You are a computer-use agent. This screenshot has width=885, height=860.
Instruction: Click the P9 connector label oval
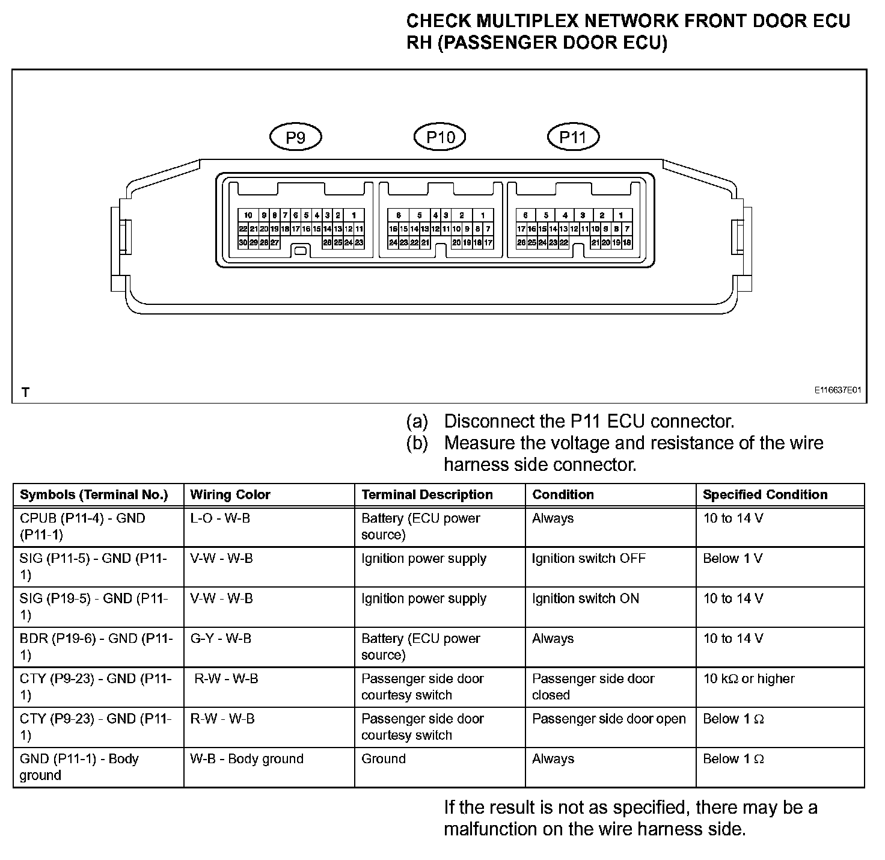coord(295,138)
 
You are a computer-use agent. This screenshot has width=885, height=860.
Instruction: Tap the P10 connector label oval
coord(440,137)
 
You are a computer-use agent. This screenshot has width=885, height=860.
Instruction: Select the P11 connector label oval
coord(573,137)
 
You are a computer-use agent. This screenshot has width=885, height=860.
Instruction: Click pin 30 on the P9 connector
coord(243,242)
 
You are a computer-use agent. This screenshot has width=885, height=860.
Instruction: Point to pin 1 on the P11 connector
coord(620,215)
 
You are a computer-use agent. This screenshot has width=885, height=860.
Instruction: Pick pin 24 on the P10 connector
coord(393,242)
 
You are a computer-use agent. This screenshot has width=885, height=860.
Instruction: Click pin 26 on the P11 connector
coord(521,242)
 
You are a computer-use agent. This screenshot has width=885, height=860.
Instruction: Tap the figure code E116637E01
coord(838,390)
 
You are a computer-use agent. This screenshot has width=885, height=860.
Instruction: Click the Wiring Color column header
coord(230,495)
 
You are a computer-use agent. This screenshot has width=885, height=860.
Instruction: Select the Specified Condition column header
coord(765,495)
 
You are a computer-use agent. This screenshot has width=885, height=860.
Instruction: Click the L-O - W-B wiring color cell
coord(220,518)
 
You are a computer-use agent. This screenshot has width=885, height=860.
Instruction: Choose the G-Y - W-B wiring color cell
coord(221,639)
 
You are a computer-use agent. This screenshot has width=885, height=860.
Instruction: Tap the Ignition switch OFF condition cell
coord(589,559)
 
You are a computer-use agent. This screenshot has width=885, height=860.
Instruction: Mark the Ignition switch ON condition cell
coord(586,599)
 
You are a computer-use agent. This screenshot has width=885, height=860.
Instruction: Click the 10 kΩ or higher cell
coord(749,679)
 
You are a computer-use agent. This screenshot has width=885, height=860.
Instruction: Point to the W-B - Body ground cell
coord(247,759)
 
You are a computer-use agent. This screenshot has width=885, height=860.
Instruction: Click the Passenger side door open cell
coord(608,719)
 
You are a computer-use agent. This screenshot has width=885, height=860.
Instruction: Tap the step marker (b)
coord(417,443)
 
